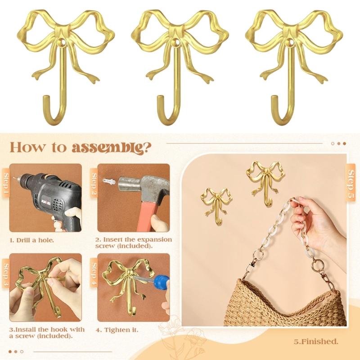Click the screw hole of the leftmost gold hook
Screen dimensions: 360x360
[61, 42]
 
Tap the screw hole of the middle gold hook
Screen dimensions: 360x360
[175, 42]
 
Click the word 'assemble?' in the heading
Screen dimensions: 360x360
[112, 148]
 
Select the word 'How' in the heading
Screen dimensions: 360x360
[27, 147]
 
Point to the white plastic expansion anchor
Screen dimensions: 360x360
[109, 181]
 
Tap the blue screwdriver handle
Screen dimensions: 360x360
[162, 283]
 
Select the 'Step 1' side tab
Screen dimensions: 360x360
[6, 183]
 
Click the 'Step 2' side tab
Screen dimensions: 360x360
[94, 183]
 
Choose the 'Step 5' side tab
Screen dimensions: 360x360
[351, 183]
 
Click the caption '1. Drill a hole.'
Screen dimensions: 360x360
[31, 240]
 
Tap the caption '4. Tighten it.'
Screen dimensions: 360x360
[117, 330]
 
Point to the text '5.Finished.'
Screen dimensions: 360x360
[316, 342]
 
